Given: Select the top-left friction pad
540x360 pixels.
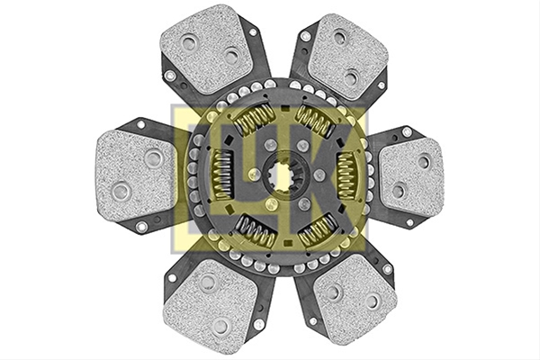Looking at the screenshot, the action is click(208, 49).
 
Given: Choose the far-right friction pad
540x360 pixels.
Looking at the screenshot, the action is click(411, 176).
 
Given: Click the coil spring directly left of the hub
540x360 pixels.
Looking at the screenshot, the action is click(223, 175).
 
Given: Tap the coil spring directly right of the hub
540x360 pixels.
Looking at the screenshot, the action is click(346, 175).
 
